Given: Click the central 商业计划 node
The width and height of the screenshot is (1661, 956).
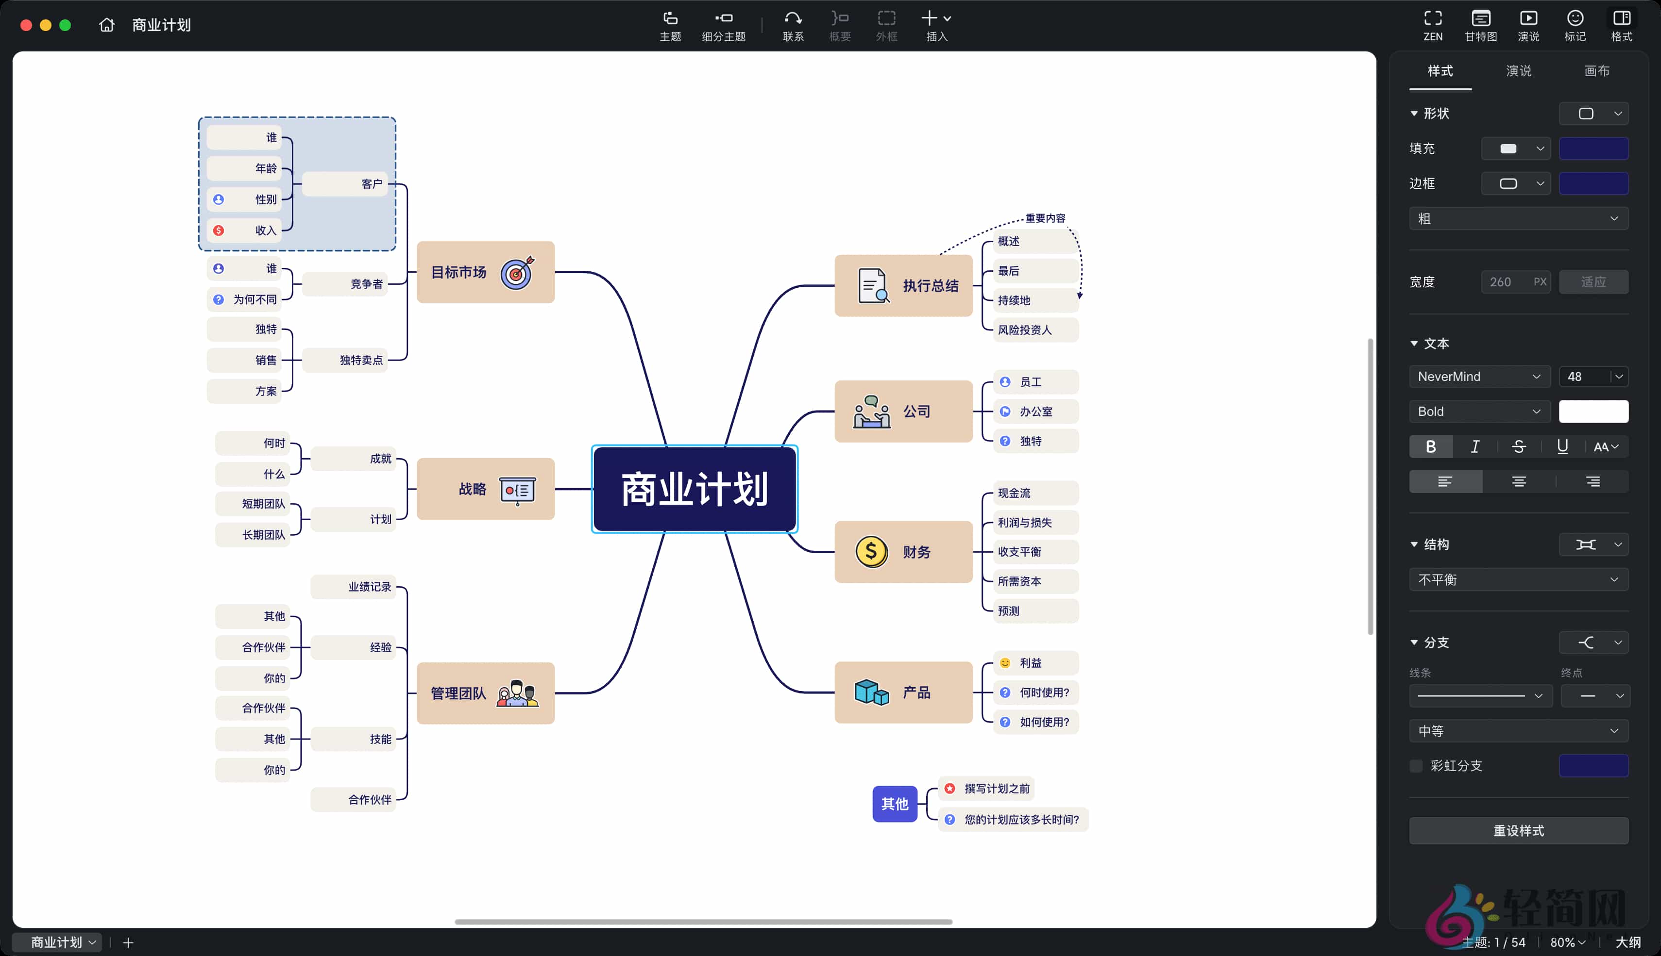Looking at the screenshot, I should pos(695,489).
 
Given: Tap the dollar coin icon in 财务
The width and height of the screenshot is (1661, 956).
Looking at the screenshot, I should pos(871,552).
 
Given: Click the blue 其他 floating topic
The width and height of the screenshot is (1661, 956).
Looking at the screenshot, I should pos(894,804).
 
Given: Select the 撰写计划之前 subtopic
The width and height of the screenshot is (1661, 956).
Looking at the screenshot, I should pos(996,789).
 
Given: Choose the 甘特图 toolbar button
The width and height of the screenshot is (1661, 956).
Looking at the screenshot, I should pos(1480,25).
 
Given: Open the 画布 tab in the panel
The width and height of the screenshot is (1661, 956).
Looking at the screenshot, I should pos(1596,71).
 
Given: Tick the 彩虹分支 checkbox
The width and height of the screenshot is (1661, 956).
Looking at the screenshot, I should pos(1416,766).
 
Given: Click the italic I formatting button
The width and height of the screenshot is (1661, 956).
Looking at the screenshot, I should pos(1475,446).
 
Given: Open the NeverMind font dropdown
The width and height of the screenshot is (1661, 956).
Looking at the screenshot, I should pos(1479,376).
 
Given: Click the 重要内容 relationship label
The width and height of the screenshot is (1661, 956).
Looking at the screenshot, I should pos(1045,218).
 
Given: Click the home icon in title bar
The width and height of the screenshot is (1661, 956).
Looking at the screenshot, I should pos(106,25).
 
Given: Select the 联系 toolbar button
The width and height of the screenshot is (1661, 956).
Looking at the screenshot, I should pos(793,25).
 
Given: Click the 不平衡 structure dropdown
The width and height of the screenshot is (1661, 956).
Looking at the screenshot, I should pos(1518,579).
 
